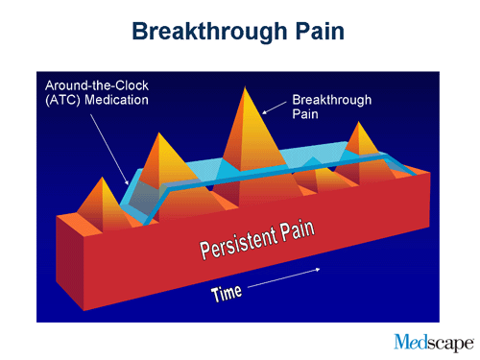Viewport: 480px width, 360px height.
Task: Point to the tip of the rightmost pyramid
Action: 361,123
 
